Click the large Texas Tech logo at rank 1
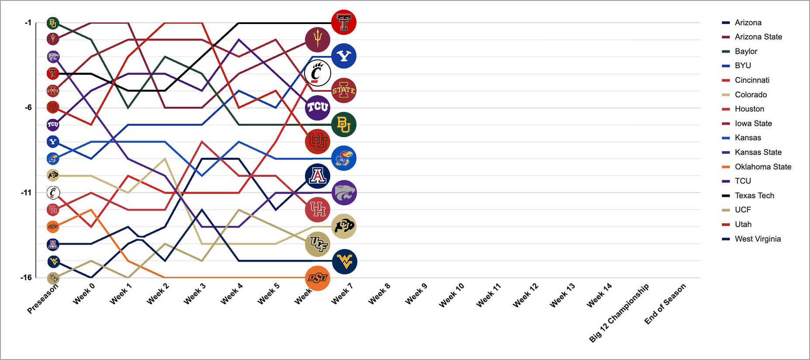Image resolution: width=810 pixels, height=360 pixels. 344,22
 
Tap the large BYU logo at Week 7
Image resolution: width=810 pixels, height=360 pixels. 344,56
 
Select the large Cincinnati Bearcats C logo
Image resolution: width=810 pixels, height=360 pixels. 318,73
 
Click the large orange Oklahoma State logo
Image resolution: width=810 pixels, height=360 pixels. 318,278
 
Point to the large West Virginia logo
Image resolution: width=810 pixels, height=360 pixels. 345,262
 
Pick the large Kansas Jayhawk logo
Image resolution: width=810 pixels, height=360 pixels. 344,158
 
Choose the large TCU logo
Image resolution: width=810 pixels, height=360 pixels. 318,107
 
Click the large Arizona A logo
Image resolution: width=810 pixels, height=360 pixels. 318,176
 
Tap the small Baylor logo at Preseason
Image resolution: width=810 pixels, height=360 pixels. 53,23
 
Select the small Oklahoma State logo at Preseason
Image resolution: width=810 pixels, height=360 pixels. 53,226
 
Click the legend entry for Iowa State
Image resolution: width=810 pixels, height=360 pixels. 753,123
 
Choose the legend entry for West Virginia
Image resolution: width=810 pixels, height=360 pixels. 758,239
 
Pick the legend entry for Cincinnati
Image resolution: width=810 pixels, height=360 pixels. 752,80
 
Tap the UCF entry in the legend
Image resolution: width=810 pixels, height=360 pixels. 743,210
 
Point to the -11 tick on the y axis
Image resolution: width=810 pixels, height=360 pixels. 26,193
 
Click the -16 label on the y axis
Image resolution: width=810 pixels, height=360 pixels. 26,277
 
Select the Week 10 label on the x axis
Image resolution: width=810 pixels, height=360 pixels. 452,295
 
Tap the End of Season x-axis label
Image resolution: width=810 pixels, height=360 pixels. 665,304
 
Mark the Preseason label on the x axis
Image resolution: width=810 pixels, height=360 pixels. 42,299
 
